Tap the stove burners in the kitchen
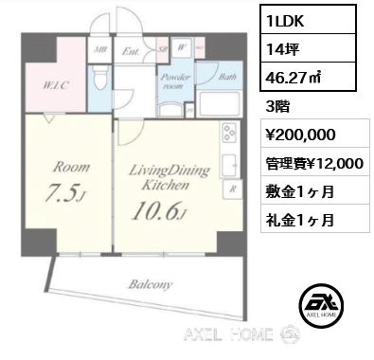pos(229,137)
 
